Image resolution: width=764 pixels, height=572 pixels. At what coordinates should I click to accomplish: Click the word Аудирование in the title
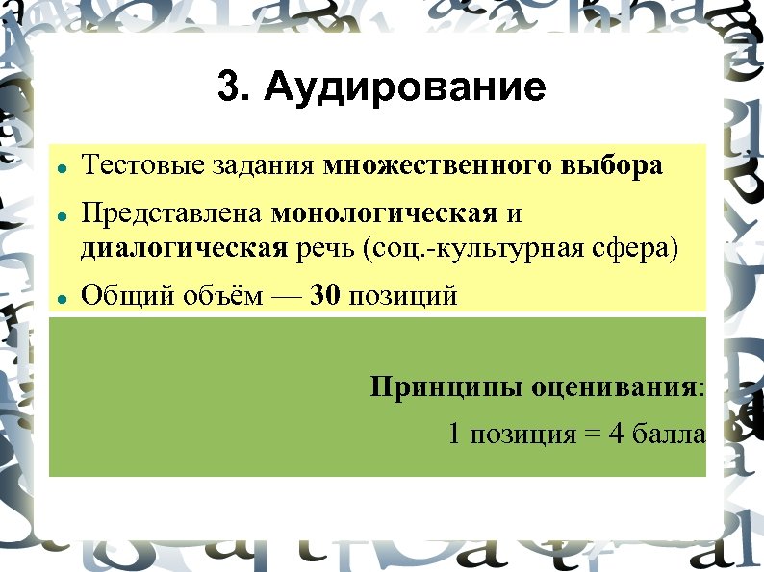click(x=404, y=88)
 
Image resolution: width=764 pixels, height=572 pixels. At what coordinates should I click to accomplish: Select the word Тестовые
click(x=128, y=165)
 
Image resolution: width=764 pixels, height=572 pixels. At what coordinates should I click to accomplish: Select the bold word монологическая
click(x=385, y=212)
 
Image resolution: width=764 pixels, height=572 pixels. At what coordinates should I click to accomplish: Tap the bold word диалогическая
click(x=184, y=248)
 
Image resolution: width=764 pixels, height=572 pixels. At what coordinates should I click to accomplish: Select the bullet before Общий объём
click(x=61, y=299)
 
